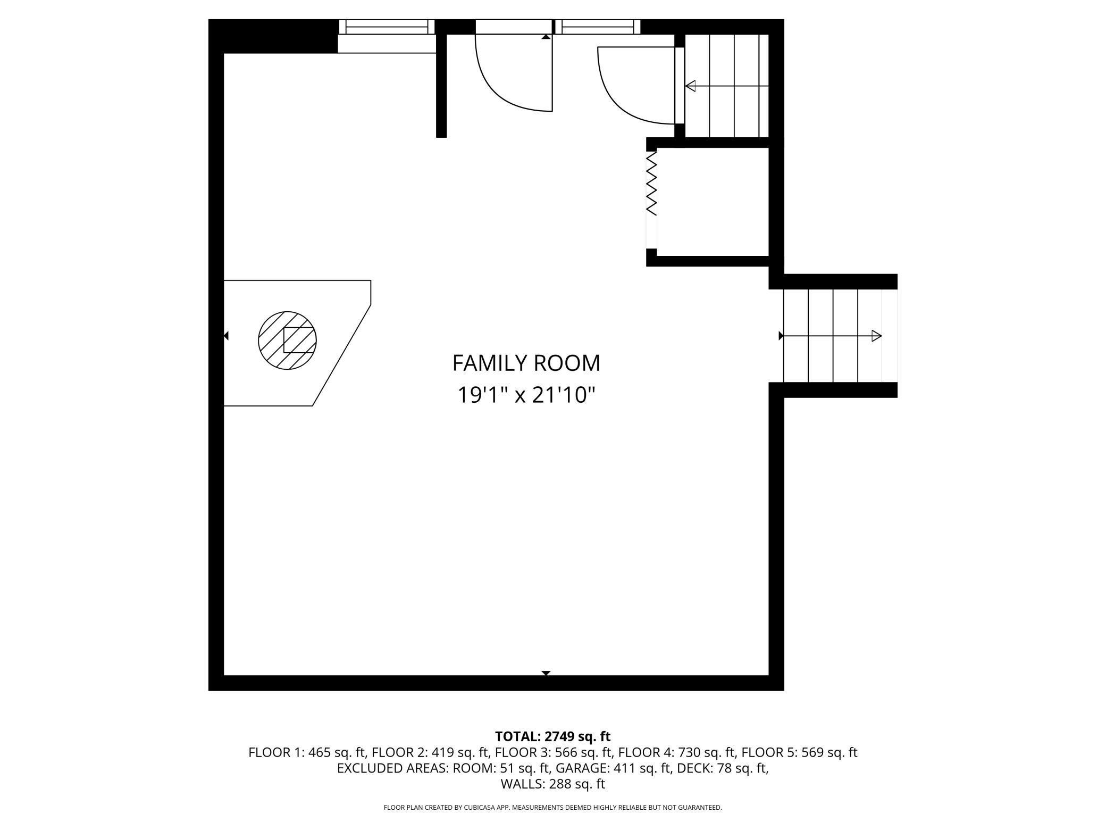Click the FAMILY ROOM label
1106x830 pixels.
click(x=526, y=363)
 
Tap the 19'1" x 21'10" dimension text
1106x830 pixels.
click(x=526, y=395)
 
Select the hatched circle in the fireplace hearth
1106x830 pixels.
click(x=287, y=341)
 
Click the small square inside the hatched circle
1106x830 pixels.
click(x=298, y=340)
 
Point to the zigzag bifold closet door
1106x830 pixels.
click(x=651, y=184)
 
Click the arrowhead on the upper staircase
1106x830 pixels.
click(x=690, y=86)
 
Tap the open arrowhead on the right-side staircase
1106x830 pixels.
click(x=876, y=336)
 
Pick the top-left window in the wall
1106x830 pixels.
click(x=387, y=27)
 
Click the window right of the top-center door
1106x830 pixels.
click(x=598, y=27)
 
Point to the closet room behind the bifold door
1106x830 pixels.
click(x=713, y=202)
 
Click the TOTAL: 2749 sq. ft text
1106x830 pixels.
click(x=553, y=736)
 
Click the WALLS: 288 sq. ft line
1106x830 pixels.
click(x=553, y=784)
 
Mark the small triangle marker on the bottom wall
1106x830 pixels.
click(x=546, y=673)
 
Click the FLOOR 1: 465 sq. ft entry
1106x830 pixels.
click(x=307, y=752)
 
